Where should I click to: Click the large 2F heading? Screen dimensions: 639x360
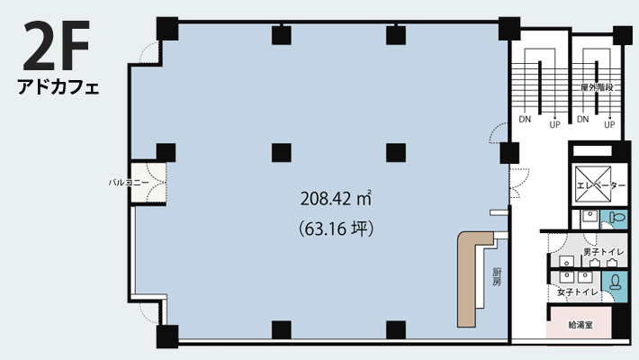[x=56, y=45]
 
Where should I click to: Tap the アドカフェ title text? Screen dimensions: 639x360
[x=58, y=86]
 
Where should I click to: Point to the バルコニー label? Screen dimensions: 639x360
[x=129, y=182]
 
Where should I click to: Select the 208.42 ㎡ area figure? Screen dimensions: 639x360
[x=336, y=199]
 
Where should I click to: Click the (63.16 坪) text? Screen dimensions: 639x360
[x=337, y=229]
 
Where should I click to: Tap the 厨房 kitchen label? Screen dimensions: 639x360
[x=497, y=277]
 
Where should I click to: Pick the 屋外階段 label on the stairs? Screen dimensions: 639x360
[x=597, y=87]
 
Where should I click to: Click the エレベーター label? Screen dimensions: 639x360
[x=601, y=185]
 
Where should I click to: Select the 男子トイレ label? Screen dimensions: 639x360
[x=604, y=252]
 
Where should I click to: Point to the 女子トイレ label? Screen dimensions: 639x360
[x=578, y=292]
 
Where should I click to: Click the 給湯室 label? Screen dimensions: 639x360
[x=580, y=325]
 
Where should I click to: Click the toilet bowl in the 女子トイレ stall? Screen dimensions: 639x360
[x=615, y=282]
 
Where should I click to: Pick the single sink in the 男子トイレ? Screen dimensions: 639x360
[x=566, y=261]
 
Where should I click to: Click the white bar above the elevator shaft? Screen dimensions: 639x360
[x=592, y=151]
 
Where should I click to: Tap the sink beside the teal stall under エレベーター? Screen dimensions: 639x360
[x=589, y=216]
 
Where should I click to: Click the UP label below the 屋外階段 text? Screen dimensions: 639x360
[x=609, y=125]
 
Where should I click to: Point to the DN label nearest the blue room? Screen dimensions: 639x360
[x=525, y=120]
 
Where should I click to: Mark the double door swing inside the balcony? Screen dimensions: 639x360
[x=156, y=182]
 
